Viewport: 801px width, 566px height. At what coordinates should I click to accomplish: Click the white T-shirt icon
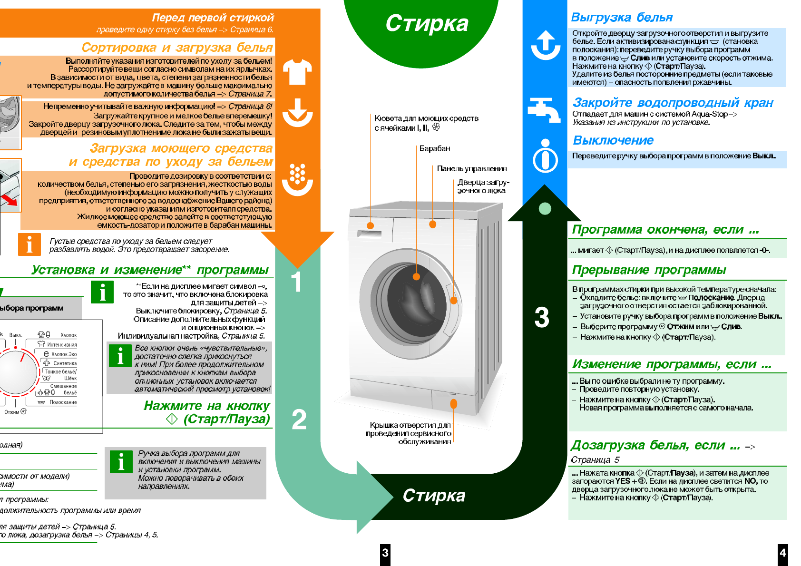coord(297,72)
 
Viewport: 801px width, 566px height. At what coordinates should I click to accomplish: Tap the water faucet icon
coord(545,109)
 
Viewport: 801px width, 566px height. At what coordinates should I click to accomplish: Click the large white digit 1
coord(296,282)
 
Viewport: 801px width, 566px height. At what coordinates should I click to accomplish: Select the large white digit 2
coord(299,420)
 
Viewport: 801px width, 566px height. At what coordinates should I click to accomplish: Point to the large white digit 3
coord(542,317)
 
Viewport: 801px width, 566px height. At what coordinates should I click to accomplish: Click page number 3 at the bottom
coord(385,553)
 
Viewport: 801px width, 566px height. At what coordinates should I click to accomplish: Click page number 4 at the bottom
coord(782,553)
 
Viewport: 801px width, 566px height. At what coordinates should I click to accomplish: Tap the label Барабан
coord(434,148)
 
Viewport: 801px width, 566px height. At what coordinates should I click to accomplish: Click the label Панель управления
coord(471,169)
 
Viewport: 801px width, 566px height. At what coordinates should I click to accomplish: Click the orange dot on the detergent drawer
coord(371,225)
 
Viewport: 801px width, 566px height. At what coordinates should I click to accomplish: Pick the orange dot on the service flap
coord(454,404)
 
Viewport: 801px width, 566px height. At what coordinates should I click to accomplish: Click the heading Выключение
coord(613,140)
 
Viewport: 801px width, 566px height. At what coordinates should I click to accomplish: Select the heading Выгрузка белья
coord(621,18)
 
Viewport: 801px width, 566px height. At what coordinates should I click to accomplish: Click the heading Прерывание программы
coord(649,270)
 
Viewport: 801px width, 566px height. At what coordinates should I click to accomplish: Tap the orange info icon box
coord(29,244)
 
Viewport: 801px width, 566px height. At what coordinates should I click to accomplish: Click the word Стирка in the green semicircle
coord(427,23)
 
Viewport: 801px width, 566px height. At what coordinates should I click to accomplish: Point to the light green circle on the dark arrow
coord(545,208)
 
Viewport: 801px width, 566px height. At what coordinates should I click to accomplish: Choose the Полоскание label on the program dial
coord(63,402)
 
